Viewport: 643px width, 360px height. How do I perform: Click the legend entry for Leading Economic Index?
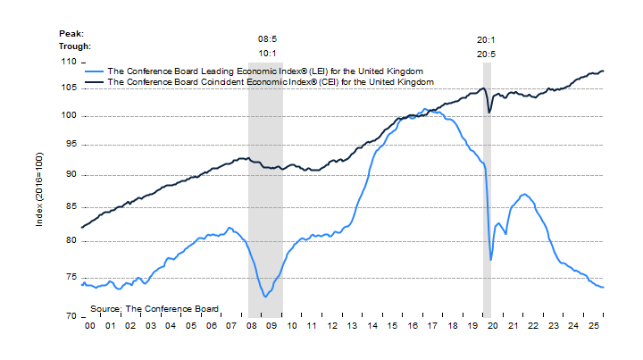pos(264,70)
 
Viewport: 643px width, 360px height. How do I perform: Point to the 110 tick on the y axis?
pos(68,62)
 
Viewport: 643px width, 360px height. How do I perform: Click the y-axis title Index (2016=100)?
pos(39,188)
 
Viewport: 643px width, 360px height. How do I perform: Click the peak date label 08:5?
pos(267,39)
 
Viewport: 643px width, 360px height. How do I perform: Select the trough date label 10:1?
pos(267,53)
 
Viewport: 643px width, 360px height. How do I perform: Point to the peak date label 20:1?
pos(487,39)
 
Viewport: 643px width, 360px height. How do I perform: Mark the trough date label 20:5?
pos(487,53)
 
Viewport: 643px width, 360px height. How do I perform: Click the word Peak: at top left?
pos(72,32)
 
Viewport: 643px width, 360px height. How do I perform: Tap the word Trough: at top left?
pos(76,46)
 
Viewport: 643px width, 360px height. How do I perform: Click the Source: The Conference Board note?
pos(154,308)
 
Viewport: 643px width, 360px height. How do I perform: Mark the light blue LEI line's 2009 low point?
pos(266,297)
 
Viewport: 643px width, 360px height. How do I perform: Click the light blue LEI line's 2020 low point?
pos(491,260)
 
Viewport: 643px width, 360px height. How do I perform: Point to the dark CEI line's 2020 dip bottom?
pos(489,113)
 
